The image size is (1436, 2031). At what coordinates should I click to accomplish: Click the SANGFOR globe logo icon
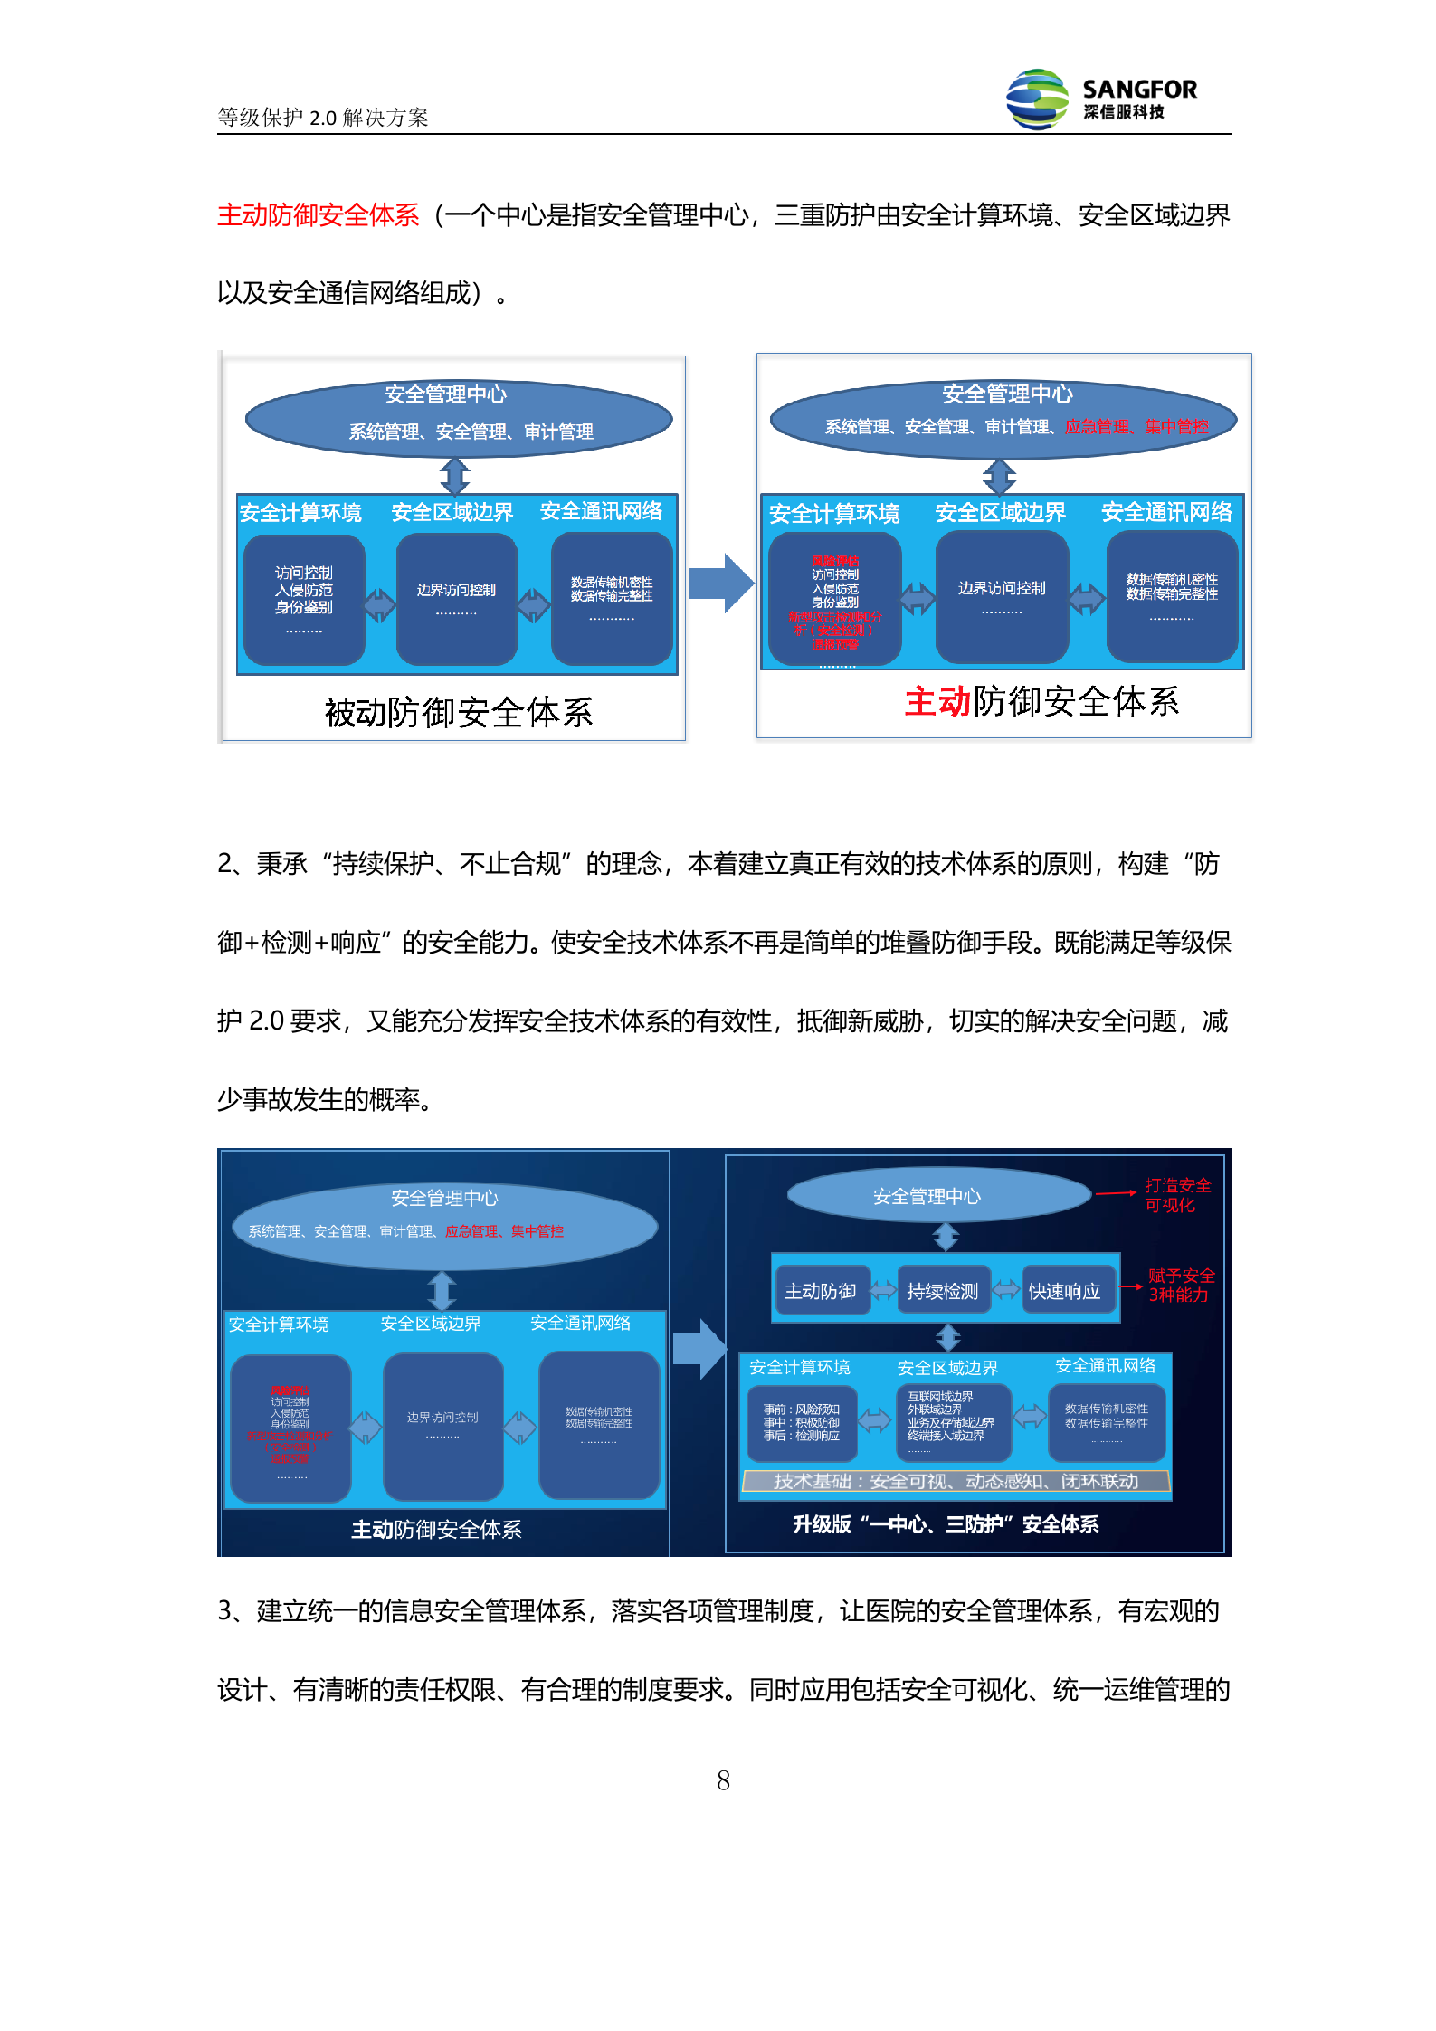1037,100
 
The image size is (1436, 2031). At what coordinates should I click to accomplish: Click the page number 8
723,1780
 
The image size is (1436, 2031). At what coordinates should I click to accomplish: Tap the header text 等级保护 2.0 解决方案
322,118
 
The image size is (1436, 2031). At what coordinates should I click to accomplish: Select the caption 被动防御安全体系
459,712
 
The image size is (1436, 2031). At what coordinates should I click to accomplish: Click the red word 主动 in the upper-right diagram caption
937,702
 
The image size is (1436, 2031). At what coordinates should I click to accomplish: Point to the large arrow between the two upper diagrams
721,584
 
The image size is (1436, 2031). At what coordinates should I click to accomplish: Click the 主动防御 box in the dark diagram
821,1291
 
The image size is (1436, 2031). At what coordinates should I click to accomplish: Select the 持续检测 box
942,1291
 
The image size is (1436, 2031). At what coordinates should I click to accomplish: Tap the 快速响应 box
1065,1291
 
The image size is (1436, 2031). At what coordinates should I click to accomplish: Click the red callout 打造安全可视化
1176,1195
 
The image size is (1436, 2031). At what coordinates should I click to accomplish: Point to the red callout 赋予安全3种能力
1180,1285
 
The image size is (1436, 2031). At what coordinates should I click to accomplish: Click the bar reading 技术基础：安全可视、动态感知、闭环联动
956,1481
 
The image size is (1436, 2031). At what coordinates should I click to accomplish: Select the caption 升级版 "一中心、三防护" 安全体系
946,1524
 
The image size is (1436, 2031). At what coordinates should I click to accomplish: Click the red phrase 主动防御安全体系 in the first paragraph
318,215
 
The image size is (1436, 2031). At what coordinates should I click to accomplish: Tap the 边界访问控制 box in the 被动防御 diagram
456,598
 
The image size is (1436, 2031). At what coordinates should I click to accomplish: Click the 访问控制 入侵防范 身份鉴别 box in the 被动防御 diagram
304,599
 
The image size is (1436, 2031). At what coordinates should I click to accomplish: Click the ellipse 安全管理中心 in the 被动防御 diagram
458,416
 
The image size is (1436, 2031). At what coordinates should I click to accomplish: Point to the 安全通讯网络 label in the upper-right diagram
1166,512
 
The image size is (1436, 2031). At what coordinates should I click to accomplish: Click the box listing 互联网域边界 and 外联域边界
953,1421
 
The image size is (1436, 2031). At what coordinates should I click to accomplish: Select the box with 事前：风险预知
802,1422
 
